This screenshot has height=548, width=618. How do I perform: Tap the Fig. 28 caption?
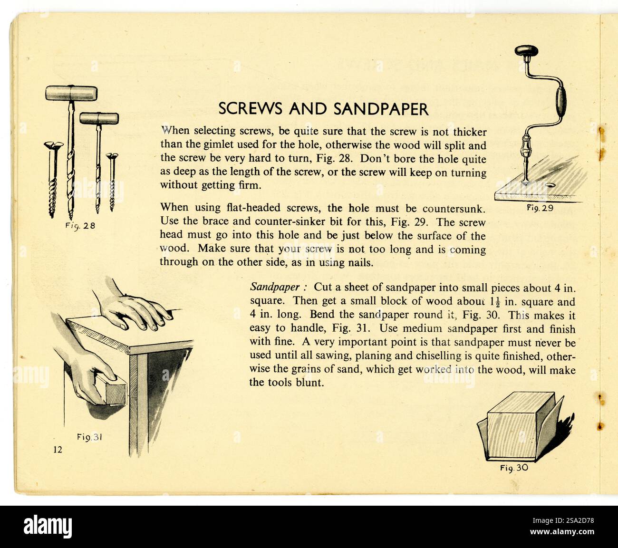[80, 226]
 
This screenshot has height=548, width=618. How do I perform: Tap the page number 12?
[58, 450]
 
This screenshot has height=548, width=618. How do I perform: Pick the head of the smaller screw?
[112, 156]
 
